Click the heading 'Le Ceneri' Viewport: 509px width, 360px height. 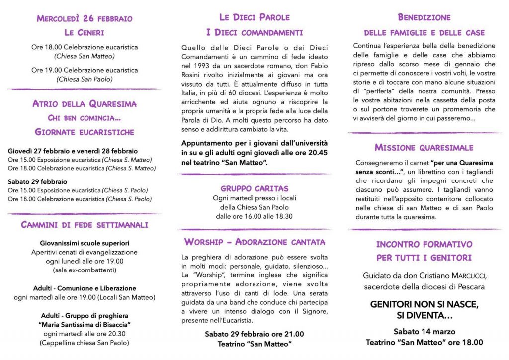coord(84,33)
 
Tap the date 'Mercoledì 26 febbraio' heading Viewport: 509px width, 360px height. coord(85,19)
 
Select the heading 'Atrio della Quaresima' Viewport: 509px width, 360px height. coord(85,104)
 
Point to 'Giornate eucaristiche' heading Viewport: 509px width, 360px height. coord(85,132)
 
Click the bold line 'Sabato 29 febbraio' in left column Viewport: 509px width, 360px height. coord(37,181)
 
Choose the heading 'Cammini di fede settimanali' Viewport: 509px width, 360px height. coord(85,225)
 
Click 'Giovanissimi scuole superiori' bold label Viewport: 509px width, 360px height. coord(85,243)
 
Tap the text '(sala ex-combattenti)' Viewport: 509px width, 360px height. coord(85,270)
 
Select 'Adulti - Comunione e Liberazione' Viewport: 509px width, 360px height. coord(85,288)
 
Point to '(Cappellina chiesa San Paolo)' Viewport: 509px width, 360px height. coord(85,343)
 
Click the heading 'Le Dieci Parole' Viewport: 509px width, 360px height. coord(254,17)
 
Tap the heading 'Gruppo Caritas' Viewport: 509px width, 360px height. coord(254,188)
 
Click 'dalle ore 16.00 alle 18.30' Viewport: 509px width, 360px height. coord(254,216)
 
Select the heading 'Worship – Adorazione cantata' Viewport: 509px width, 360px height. coord(254,242)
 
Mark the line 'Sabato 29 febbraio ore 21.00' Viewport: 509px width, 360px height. coord(254,334)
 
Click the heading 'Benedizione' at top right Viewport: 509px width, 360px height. coord(424,17)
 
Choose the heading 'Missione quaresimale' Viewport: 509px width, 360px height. coord(424,148)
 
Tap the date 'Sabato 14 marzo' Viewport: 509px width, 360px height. coord(424,332)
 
